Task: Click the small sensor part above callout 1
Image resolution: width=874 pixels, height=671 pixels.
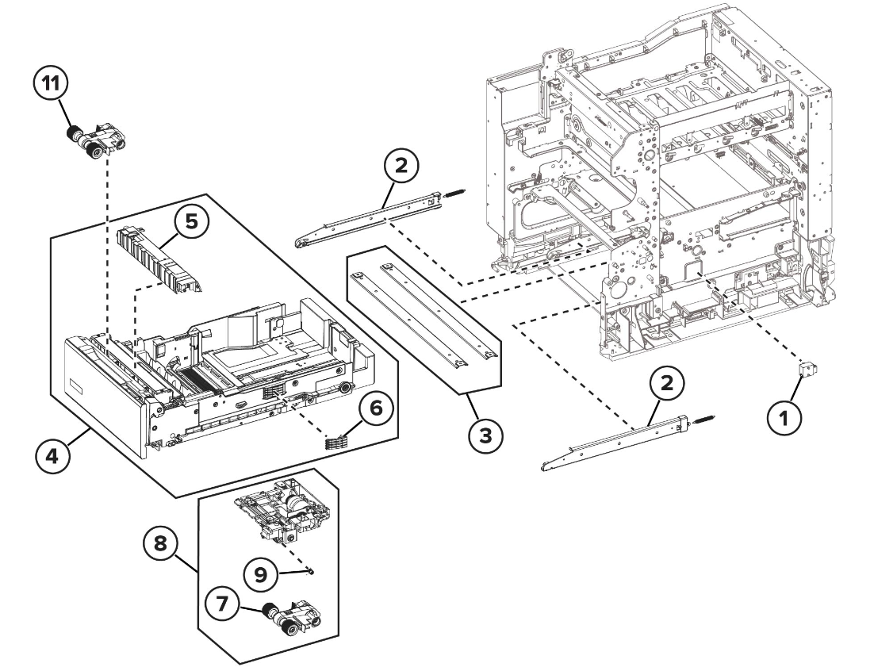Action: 807,370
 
